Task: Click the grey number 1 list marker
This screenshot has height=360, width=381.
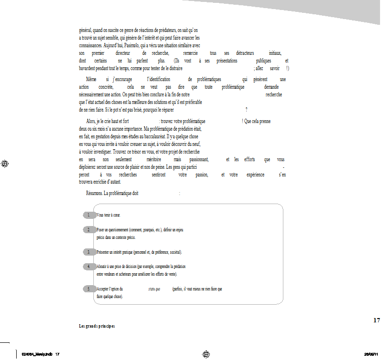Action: pos(89,215)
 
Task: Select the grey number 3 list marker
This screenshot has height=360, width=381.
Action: pos(89,252)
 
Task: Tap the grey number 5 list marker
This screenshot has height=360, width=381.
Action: pos(89,289)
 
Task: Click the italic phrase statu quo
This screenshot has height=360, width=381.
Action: pos(154,289)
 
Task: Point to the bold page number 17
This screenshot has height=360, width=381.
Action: pos(376,320)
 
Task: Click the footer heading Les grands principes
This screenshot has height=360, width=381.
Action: pos(97,326)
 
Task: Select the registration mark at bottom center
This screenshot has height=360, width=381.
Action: pos(206,354)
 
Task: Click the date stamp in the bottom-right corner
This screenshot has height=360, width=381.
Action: pos(371,354)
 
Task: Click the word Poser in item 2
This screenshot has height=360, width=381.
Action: pos(101,230)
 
